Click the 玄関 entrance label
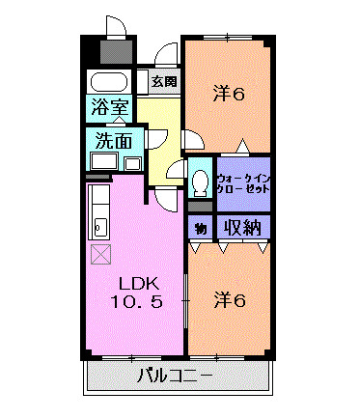pos(163,81)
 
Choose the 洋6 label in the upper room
pos(229,94)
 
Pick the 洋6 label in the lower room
pos(230,299)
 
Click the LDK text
pos(137,283)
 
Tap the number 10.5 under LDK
pos(137,302)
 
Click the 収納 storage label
pos(242,228)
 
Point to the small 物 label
pos(200,229)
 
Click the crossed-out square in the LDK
pos(101,254)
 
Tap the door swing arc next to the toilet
pos(177,170)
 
